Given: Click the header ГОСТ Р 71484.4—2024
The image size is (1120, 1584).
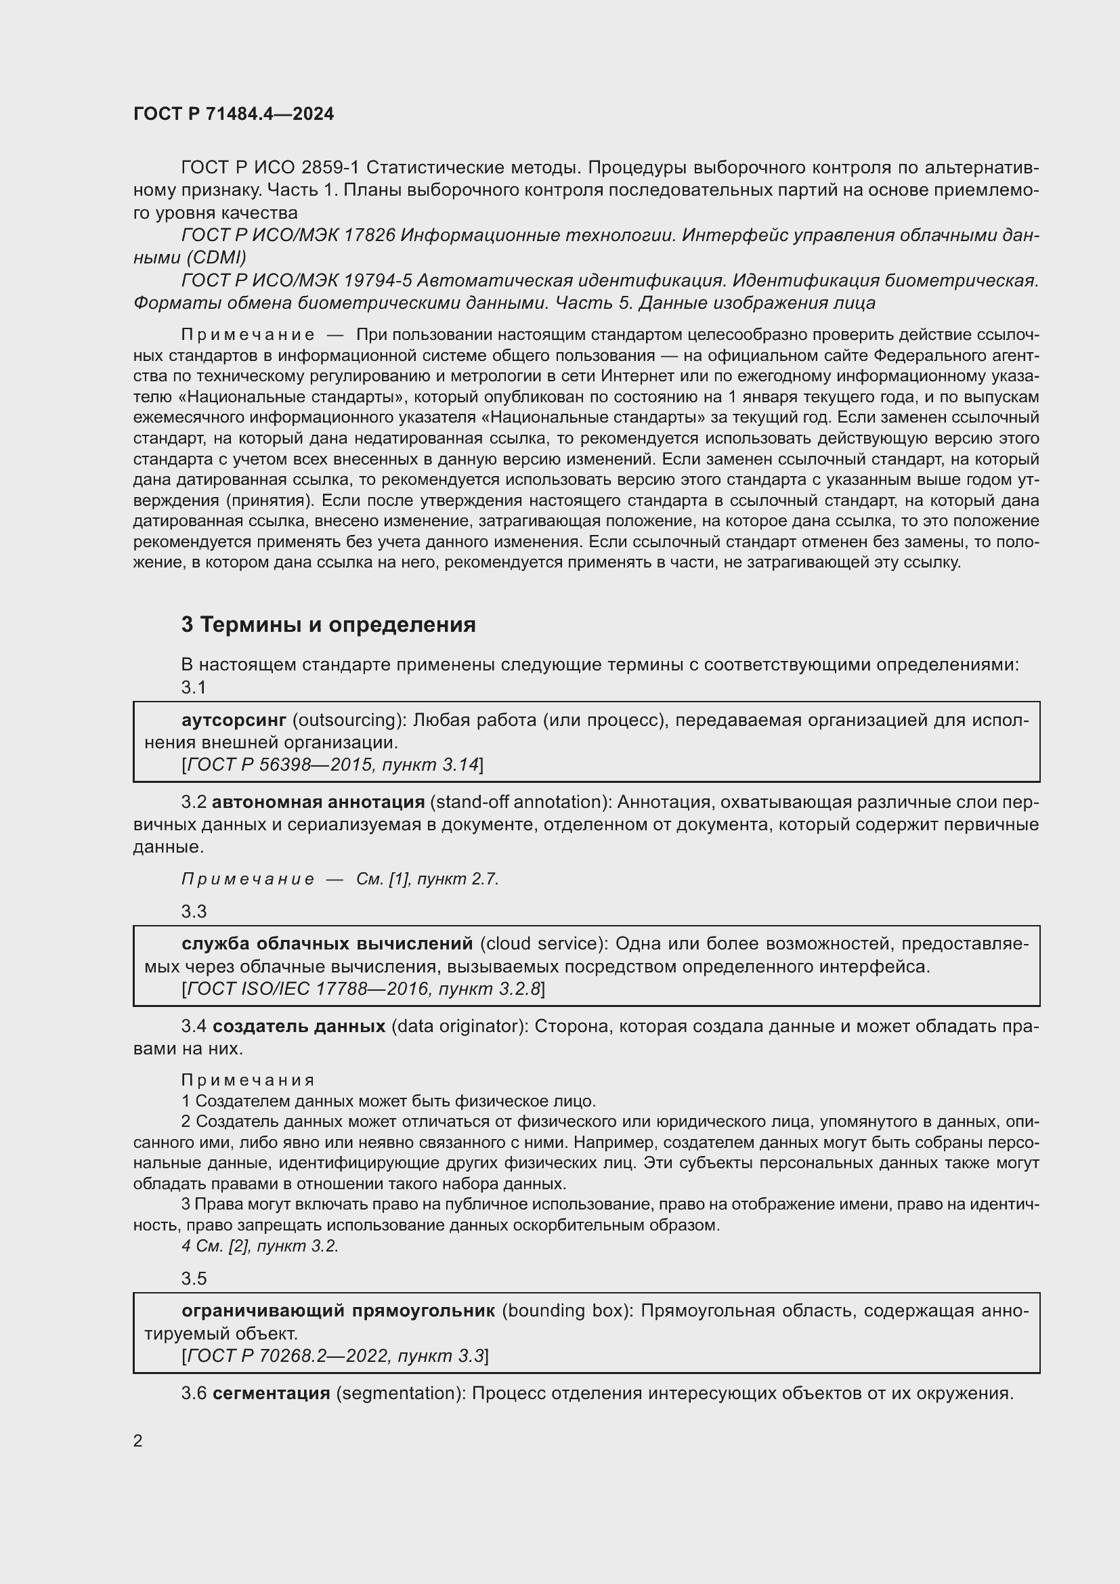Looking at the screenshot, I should pos(233,114).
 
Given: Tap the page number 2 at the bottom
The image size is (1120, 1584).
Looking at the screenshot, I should pos(138,1440).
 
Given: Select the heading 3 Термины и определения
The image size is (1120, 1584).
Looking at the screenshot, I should pos(328,624).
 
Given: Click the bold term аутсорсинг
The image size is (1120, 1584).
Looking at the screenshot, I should pos(234,721).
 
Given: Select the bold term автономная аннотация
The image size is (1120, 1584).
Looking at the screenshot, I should pos(318,802).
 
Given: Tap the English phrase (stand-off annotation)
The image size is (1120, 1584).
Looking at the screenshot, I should pos(521,802).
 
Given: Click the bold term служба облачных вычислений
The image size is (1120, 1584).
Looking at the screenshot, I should pos(327,944).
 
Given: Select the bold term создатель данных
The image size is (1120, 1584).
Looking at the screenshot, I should pos(299,1026).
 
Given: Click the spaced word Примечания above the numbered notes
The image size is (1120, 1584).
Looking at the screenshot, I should pos(249,1079).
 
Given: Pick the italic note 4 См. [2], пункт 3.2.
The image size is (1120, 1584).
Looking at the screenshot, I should pos(260,1246).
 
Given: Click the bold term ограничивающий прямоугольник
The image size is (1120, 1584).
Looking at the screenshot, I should pos(338,1311).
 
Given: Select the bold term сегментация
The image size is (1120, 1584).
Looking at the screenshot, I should pos(271,1393).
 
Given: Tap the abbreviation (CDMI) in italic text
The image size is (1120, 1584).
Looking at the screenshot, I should pos(216,258).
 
